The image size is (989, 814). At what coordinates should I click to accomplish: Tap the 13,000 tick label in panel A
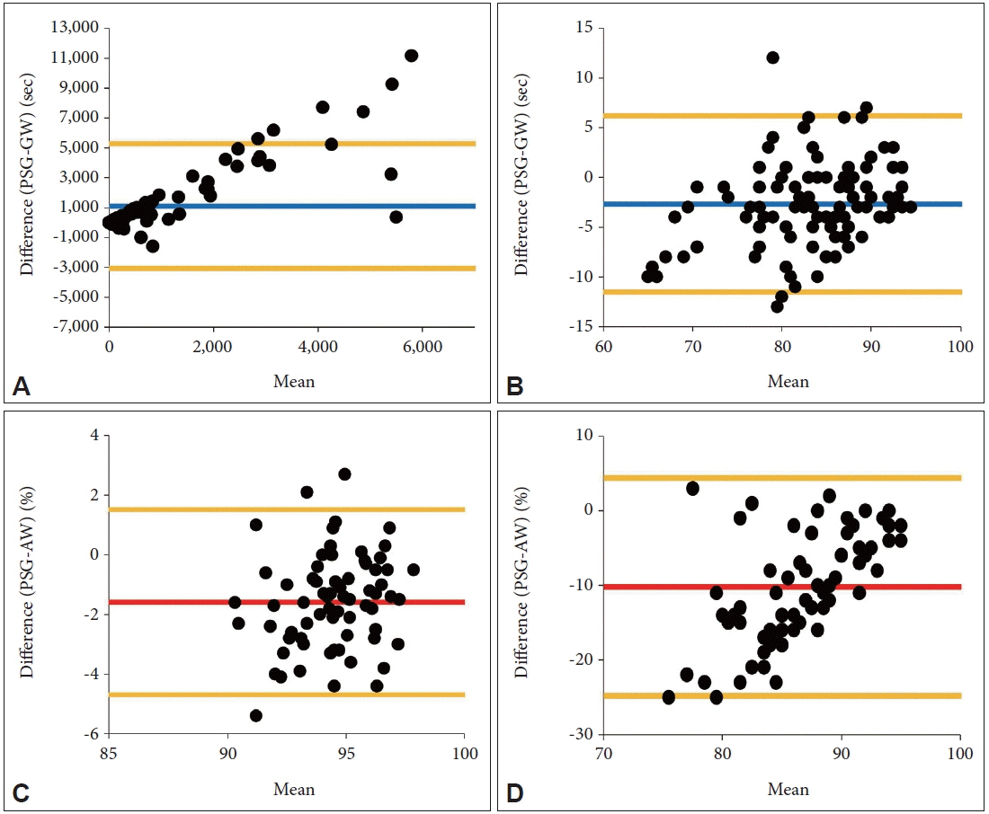coord(74,28)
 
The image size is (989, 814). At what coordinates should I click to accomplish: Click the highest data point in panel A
coord(411,56)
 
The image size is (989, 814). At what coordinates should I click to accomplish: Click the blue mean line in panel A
coord(288,207)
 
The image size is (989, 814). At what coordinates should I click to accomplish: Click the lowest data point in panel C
coord(255,715)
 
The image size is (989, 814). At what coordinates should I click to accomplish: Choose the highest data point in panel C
coord(344,473)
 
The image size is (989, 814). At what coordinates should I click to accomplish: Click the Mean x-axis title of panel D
coord(788,789)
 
